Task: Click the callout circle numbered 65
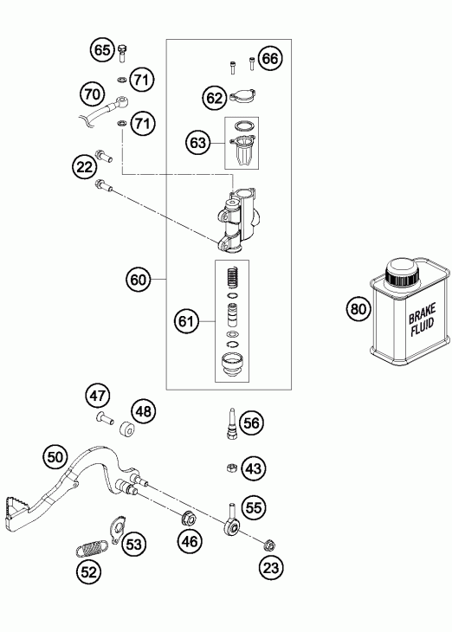click(x=102, y=50)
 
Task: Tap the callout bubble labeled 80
click(x=358, y=309)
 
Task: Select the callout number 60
click(x=138, y=280)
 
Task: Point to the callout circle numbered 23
click(x=271, y=568)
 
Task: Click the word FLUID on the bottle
click(x=423, y=326)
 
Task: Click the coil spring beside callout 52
click(x=92, y=548)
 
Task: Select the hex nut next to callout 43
click(x=231, y=468)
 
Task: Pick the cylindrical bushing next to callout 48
click(x=126, y=429)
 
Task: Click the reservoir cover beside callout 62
click(x=243, y=96)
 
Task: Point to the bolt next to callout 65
click(x=122, y=52)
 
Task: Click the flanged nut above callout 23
click(x=268, y=545)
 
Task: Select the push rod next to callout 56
click(x=232, y=423)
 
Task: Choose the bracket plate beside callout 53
click(x=119, y=529)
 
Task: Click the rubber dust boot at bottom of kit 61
click(x=233, y=364)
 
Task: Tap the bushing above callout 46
click(x=189, y=518)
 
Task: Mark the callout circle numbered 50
click(x=55, y=457)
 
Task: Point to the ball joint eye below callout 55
click(x=232, y=526)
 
